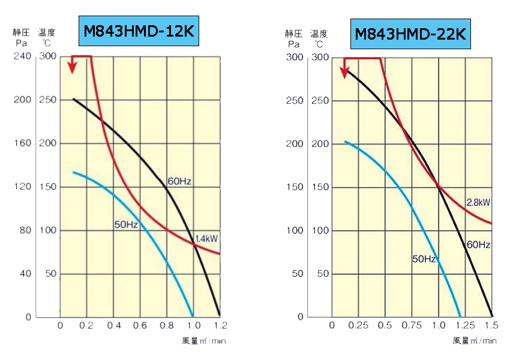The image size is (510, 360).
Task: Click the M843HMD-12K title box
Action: tap(139, 32)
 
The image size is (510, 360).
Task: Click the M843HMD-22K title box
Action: tap(410, 34)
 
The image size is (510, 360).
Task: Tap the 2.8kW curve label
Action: tap(479, 202)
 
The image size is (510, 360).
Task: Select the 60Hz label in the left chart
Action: tap(179, 181)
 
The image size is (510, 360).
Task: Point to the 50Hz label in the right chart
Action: tap(424, 259)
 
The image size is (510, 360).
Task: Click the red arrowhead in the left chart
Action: tap(72, 67)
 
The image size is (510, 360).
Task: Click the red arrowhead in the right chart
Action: tap(345, 73)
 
